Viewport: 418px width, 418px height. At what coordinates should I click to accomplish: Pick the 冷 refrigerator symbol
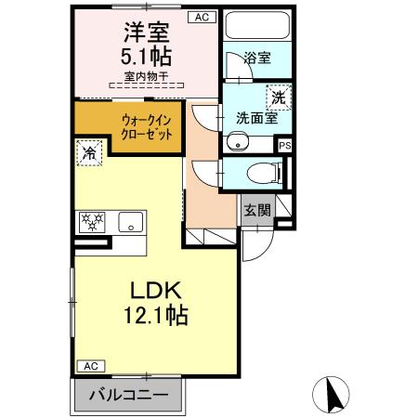point(89,153)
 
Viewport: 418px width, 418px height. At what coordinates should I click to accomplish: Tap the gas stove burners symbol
point(94,223)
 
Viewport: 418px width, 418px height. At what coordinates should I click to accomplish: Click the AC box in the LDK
point(89,366)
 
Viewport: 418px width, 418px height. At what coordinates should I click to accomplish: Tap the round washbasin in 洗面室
point(238,142)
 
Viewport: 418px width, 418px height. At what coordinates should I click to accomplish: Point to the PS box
point(285,145)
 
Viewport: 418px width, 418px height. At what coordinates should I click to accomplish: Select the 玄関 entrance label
point(257,210)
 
